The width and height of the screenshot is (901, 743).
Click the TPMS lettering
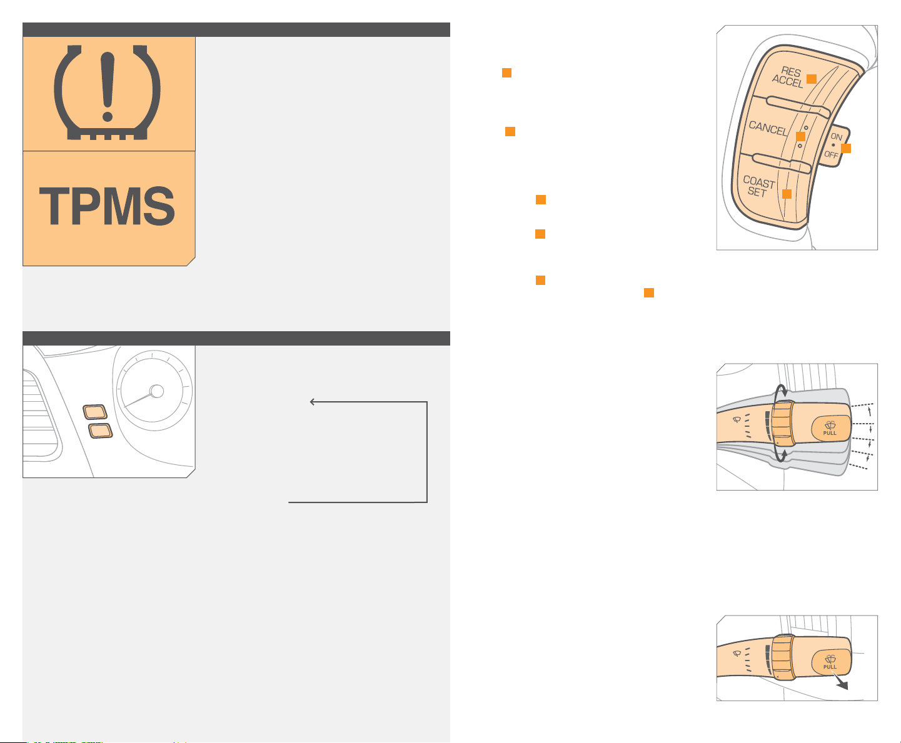click(x=107, y=206)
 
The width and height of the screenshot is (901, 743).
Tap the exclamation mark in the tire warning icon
click(x=108, y=87)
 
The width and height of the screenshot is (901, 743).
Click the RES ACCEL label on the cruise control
click(x=787, y=77)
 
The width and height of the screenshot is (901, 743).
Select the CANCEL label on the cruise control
click(x=768, y=128)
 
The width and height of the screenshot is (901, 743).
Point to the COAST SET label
click(x=758, y=186)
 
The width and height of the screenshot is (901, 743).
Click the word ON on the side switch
click(x=836, y=136)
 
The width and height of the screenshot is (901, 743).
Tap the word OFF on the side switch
click(x=831, y=154)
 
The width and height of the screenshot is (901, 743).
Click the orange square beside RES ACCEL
click(x=811, y=79)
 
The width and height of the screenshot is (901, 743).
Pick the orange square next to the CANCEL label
click(x=800, y=136)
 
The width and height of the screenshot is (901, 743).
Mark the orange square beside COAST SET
click(x=787, y=194)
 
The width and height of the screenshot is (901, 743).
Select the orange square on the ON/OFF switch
click(x=846, y=148)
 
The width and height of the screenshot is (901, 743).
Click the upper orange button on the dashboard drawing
click(x=95, y=412)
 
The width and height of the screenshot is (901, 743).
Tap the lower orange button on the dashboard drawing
click(x=100, y=431)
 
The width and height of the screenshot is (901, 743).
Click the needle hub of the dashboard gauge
click(x=157, y=391)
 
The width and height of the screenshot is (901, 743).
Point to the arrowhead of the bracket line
click(x=312, y=402)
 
